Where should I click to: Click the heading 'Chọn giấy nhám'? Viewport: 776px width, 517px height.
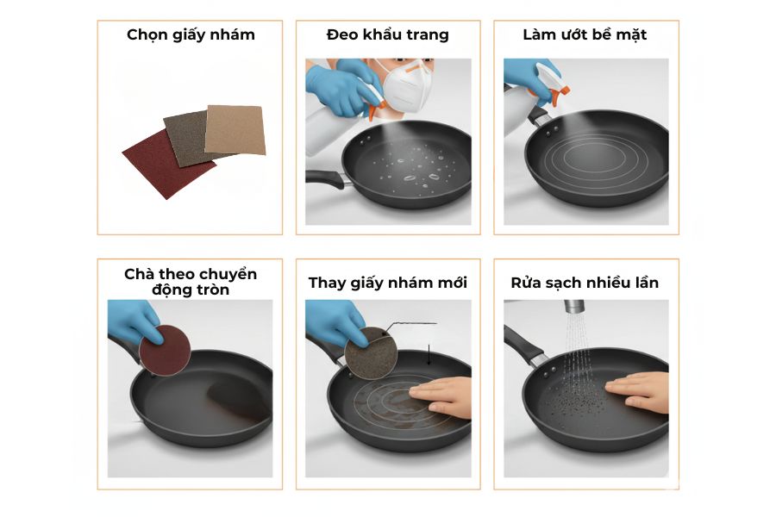191,35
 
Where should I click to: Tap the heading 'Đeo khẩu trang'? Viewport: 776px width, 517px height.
387,35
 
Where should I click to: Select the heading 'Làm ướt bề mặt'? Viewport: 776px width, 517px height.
585,35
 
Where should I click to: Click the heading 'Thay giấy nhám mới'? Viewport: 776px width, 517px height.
387,283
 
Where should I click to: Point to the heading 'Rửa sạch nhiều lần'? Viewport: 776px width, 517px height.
585,283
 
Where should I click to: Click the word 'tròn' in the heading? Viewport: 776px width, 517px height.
210,290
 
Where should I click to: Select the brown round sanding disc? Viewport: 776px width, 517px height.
370,352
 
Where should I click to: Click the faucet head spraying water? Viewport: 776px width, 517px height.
573,307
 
